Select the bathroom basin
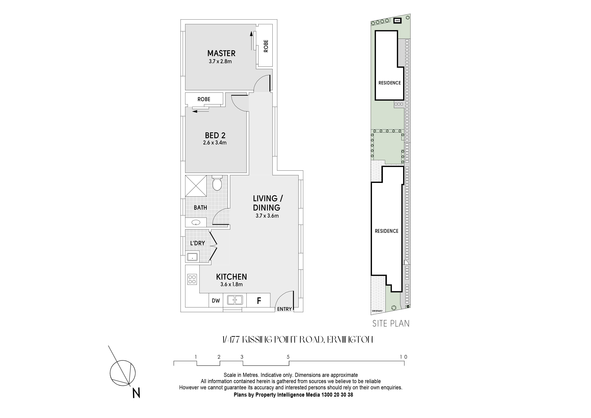(196, 222)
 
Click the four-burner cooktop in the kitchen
(192, 279)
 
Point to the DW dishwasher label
(216, 301)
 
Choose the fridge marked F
(259, 300)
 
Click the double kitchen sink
(235, 300)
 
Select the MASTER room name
(221, 53)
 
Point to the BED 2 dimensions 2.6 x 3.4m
(215, 143)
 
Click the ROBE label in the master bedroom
(266, 46)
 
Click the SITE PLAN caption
(391, 323)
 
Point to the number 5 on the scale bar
(288, 357)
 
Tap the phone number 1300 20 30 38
(337, 395)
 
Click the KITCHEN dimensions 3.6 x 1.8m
(231, 285)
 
